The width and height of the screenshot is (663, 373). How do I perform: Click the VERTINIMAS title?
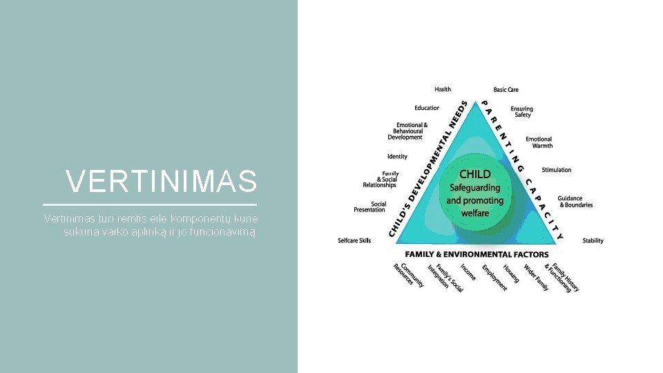162,182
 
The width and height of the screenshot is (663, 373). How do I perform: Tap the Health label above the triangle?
443,89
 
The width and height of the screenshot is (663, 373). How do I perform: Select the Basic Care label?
506,90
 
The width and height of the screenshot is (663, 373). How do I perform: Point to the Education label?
427,108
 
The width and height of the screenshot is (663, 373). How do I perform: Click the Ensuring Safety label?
522,111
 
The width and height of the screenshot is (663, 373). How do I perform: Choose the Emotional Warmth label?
539,142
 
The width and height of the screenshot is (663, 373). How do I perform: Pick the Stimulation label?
556,170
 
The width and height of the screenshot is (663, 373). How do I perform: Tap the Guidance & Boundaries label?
575,202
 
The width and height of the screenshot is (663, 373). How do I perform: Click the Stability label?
593,241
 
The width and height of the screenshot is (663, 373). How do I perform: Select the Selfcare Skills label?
354,240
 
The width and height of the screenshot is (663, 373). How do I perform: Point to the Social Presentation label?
369,207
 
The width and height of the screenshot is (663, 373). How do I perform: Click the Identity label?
397,157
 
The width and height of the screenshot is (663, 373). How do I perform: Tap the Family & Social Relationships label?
381,180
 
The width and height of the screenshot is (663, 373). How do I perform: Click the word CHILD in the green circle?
474,174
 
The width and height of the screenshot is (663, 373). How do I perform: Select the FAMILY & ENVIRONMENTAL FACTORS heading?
477,255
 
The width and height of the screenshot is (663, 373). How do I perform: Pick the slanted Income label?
468,271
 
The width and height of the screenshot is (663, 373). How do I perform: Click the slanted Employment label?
494,277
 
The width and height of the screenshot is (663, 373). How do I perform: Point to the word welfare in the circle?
474,213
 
